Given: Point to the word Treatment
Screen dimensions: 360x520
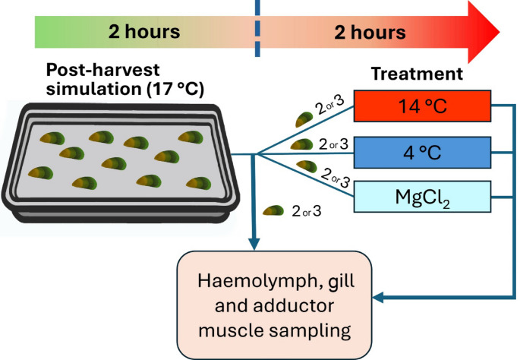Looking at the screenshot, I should pyautogui.click(x=418, y=74).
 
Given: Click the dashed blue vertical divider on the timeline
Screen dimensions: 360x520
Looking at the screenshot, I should pyautogui.click(x=257, y=30).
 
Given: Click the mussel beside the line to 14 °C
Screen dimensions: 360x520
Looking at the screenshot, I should pyautogui.click(x=304, y=118).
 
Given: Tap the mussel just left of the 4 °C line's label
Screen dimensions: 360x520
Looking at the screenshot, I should pyautogui.click(x=301, y=144).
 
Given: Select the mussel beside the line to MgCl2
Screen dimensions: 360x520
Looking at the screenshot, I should pyautogui.click(x=308, y=165).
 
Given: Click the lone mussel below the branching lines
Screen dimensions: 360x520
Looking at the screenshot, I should pyautogui.click(x=272, y=211).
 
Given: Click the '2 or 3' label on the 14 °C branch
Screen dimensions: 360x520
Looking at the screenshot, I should pyautogui.click(x=334, y=106).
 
